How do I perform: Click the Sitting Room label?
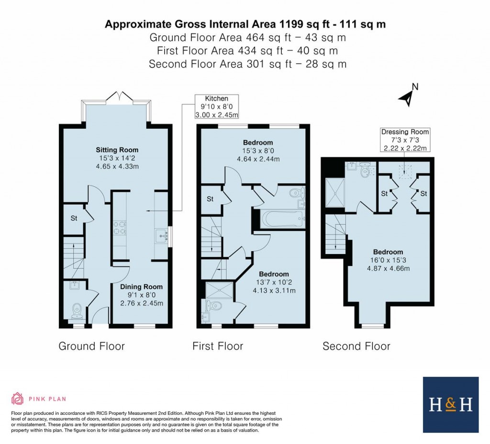click(x=117, y=150)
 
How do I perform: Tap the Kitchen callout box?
click(x=217, y=106)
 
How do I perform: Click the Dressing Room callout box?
click(x=405, y=140)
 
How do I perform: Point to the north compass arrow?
click(x=407, y=97)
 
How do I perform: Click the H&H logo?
click(x=450, y=405)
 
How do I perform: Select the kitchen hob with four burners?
click(x=119, y=228)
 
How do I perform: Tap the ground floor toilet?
click(x=76, y=311)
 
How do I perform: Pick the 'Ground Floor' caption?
click(x=91, y=346)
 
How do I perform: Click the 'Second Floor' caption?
click(x=356, y=346)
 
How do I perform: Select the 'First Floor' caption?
click(x=218, y=346)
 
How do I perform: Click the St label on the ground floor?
click(x=74, y=218)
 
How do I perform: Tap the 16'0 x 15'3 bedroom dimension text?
click(x=388, y=260)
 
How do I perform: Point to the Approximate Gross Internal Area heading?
click(x=245, y=24)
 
